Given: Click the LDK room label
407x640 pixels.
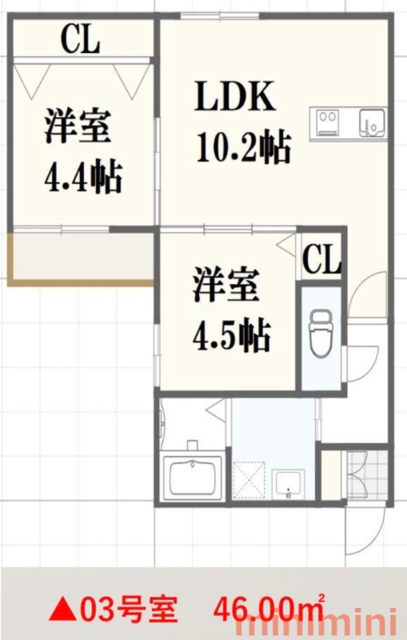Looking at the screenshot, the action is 234,97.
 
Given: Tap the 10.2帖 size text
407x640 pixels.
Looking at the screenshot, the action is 243,147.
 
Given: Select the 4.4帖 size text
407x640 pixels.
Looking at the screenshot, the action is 83,177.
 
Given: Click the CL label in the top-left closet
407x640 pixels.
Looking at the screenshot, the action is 80,39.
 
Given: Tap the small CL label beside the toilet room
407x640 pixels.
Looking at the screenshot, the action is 321,258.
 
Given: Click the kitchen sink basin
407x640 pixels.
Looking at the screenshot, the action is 372,123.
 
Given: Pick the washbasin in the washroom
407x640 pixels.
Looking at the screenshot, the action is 289,485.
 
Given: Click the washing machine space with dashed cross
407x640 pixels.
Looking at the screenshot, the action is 249,481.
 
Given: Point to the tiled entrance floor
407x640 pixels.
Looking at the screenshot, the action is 367,475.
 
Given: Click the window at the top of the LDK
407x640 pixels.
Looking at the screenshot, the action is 220,16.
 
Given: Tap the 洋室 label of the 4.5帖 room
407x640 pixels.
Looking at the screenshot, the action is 225,285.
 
